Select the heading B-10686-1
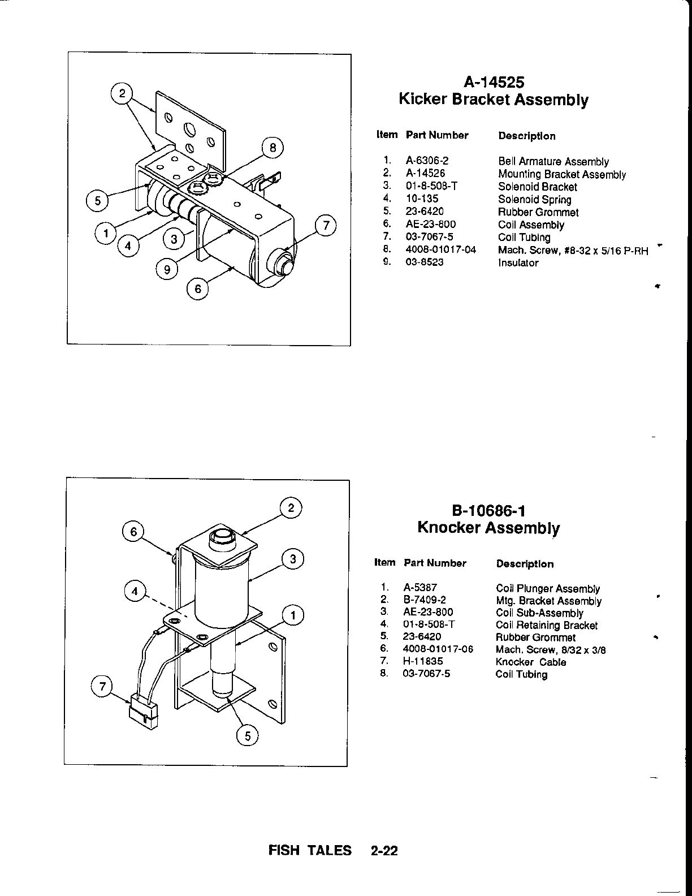point(488,511)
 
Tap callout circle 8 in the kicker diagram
point(273,148)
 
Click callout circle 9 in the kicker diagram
point(166,270)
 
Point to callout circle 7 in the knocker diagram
point(102,687)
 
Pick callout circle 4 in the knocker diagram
point(135,592)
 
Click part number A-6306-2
point(427,161)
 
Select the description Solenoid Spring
point(534,199)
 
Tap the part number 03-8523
point(424,262)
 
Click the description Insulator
point(518,262)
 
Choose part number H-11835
point(423,661)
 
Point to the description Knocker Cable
point(530,662)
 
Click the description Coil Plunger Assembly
point(547,588)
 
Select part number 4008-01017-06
point(438,649)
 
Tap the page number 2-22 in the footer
point(384,850)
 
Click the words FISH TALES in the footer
point(310,850)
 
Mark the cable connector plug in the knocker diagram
point(144,709)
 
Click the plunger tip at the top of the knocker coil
point(222,536)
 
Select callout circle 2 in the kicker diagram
point(122,93)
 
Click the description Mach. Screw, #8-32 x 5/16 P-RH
point(572,251)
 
